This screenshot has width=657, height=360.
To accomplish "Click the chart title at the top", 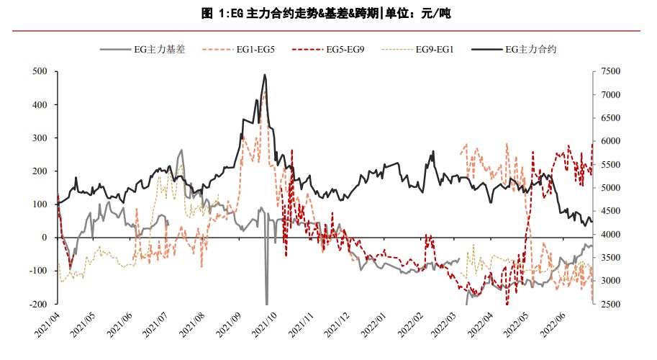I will (328, 13).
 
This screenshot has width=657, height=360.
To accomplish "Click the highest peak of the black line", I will (265, 74).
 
